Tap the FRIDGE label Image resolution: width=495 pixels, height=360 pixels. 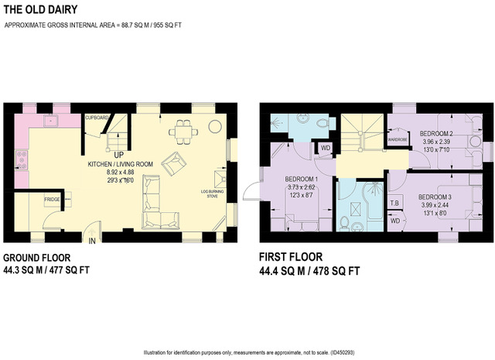click(x=53, y=200)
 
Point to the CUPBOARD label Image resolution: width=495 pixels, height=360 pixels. click(x=97, y=117)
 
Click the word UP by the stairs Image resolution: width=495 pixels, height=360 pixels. click(x=110, y=153)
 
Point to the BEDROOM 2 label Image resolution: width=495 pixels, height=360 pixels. click(x=437, y=133)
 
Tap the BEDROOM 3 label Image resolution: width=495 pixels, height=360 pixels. click(x=435, y=197)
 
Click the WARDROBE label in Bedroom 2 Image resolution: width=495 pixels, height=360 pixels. click(x=398, y=140)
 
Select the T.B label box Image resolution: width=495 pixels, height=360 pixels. click(x=394, y=204)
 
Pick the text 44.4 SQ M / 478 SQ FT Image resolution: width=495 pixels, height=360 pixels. click(x=309, y=272)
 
